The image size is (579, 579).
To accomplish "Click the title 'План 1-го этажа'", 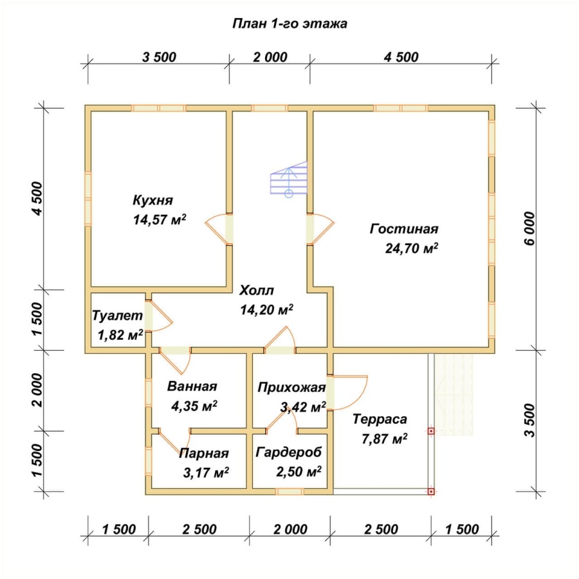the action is [289, 24].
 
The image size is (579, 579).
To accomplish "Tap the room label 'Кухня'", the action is [153, 200].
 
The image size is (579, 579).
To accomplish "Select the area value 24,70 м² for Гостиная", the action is [412, 248].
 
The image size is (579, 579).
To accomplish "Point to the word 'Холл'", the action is [257, 290].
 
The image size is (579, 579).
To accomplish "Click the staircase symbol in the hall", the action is [289, 179].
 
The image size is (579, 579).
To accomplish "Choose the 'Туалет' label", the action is [117, 316].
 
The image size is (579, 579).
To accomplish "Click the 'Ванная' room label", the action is [192, 386].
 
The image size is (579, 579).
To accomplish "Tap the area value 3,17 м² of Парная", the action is [206, 472].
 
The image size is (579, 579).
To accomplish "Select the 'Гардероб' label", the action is [289, 452].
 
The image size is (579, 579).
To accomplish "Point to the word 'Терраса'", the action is [380, 419].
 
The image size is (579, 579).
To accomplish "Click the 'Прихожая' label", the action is [291, 387].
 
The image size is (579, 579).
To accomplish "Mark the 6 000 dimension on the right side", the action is [529, 228].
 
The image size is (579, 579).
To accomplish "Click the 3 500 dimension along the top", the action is [159, 57].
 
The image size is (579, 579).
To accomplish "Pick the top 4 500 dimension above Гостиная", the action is [401, 57].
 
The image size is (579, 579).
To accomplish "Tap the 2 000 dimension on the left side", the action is [37, 390].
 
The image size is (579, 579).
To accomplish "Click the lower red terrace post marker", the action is [431, 492].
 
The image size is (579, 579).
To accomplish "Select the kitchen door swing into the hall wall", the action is [219, 229].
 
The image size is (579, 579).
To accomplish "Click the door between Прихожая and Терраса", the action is [347, 392].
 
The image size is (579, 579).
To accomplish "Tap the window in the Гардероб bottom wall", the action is [289, 492].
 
